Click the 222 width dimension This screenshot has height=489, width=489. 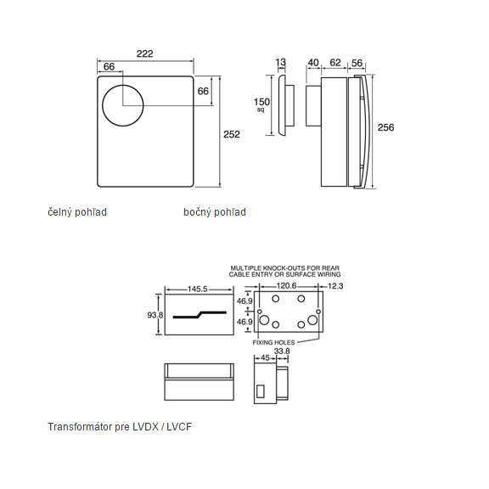pos(144,53)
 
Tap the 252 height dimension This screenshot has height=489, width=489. pos(232,134)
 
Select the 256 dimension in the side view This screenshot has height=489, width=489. pos(385,127)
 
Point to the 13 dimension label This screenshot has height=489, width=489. pos(281,62)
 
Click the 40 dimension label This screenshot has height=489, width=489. pos(313,63)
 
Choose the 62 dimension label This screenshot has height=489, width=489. pos(335,62)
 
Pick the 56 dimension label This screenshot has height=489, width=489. pos(357,63)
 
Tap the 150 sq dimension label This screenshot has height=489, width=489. pos(261,104)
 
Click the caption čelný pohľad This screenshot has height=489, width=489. pos(77,212)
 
